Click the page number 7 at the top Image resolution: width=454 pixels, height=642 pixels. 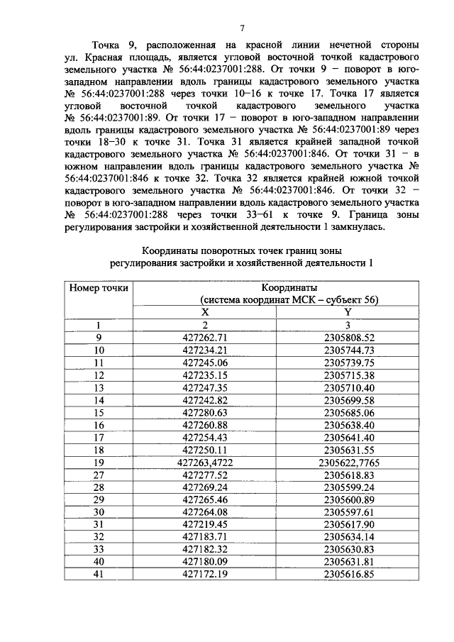tap(241, 28)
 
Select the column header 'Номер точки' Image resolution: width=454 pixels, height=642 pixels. tap(99, 288)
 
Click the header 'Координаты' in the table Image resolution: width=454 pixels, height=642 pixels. tap(289, 288)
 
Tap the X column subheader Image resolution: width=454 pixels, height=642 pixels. tap(205, 312)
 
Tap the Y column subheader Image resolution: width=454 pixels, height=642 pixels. tap(348, 312)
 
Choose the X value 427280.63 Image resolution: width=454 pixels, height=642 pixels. tap(204, 412)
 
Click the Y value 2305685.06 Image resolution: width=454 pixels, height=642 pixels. tap(348, 412)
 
